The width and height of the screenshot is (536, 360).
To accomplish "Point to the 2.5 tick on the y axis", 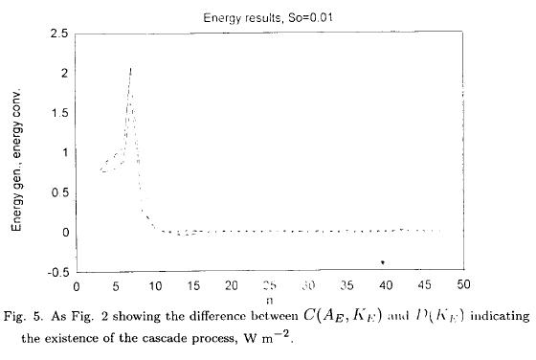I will pyautogui.click(x=58, y=34).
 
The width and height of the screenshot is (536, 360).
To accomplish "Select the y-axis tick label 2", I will pyautogui.click(x=62, y=73).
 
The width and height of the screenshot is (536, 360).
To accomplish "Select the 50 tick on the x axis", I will pyautogui.click(x=464, y=286).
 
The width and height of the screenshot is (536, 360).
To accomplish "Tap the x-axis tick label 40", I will pyautogui.click(x=387, y=286).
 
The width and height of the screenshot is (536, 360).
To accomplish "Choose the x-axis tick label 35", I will pyautogui.click(x=347, y=286).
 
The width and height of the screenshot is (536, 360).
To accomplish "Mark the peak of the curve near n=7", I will pyautogui.click(x=130, y=68).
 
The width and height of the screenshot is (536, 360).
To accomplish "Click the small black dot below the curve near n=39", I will pyautogui.click(x=382, y=261).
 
